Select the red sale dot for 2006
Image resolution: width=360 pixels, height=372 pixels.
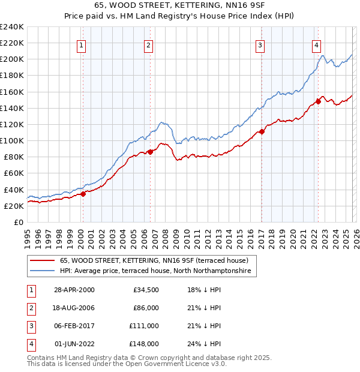[150, 152]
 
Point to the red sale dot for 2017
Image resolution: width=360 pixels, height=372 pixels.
[262, 132]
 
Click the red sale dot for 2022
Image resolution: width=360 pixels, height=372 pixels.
[318, 102]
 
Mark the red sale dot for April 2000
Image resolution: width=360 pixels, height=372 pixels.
[83, 194]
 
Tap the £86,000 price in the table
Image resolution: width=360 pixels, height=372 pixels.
[145, 308]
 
